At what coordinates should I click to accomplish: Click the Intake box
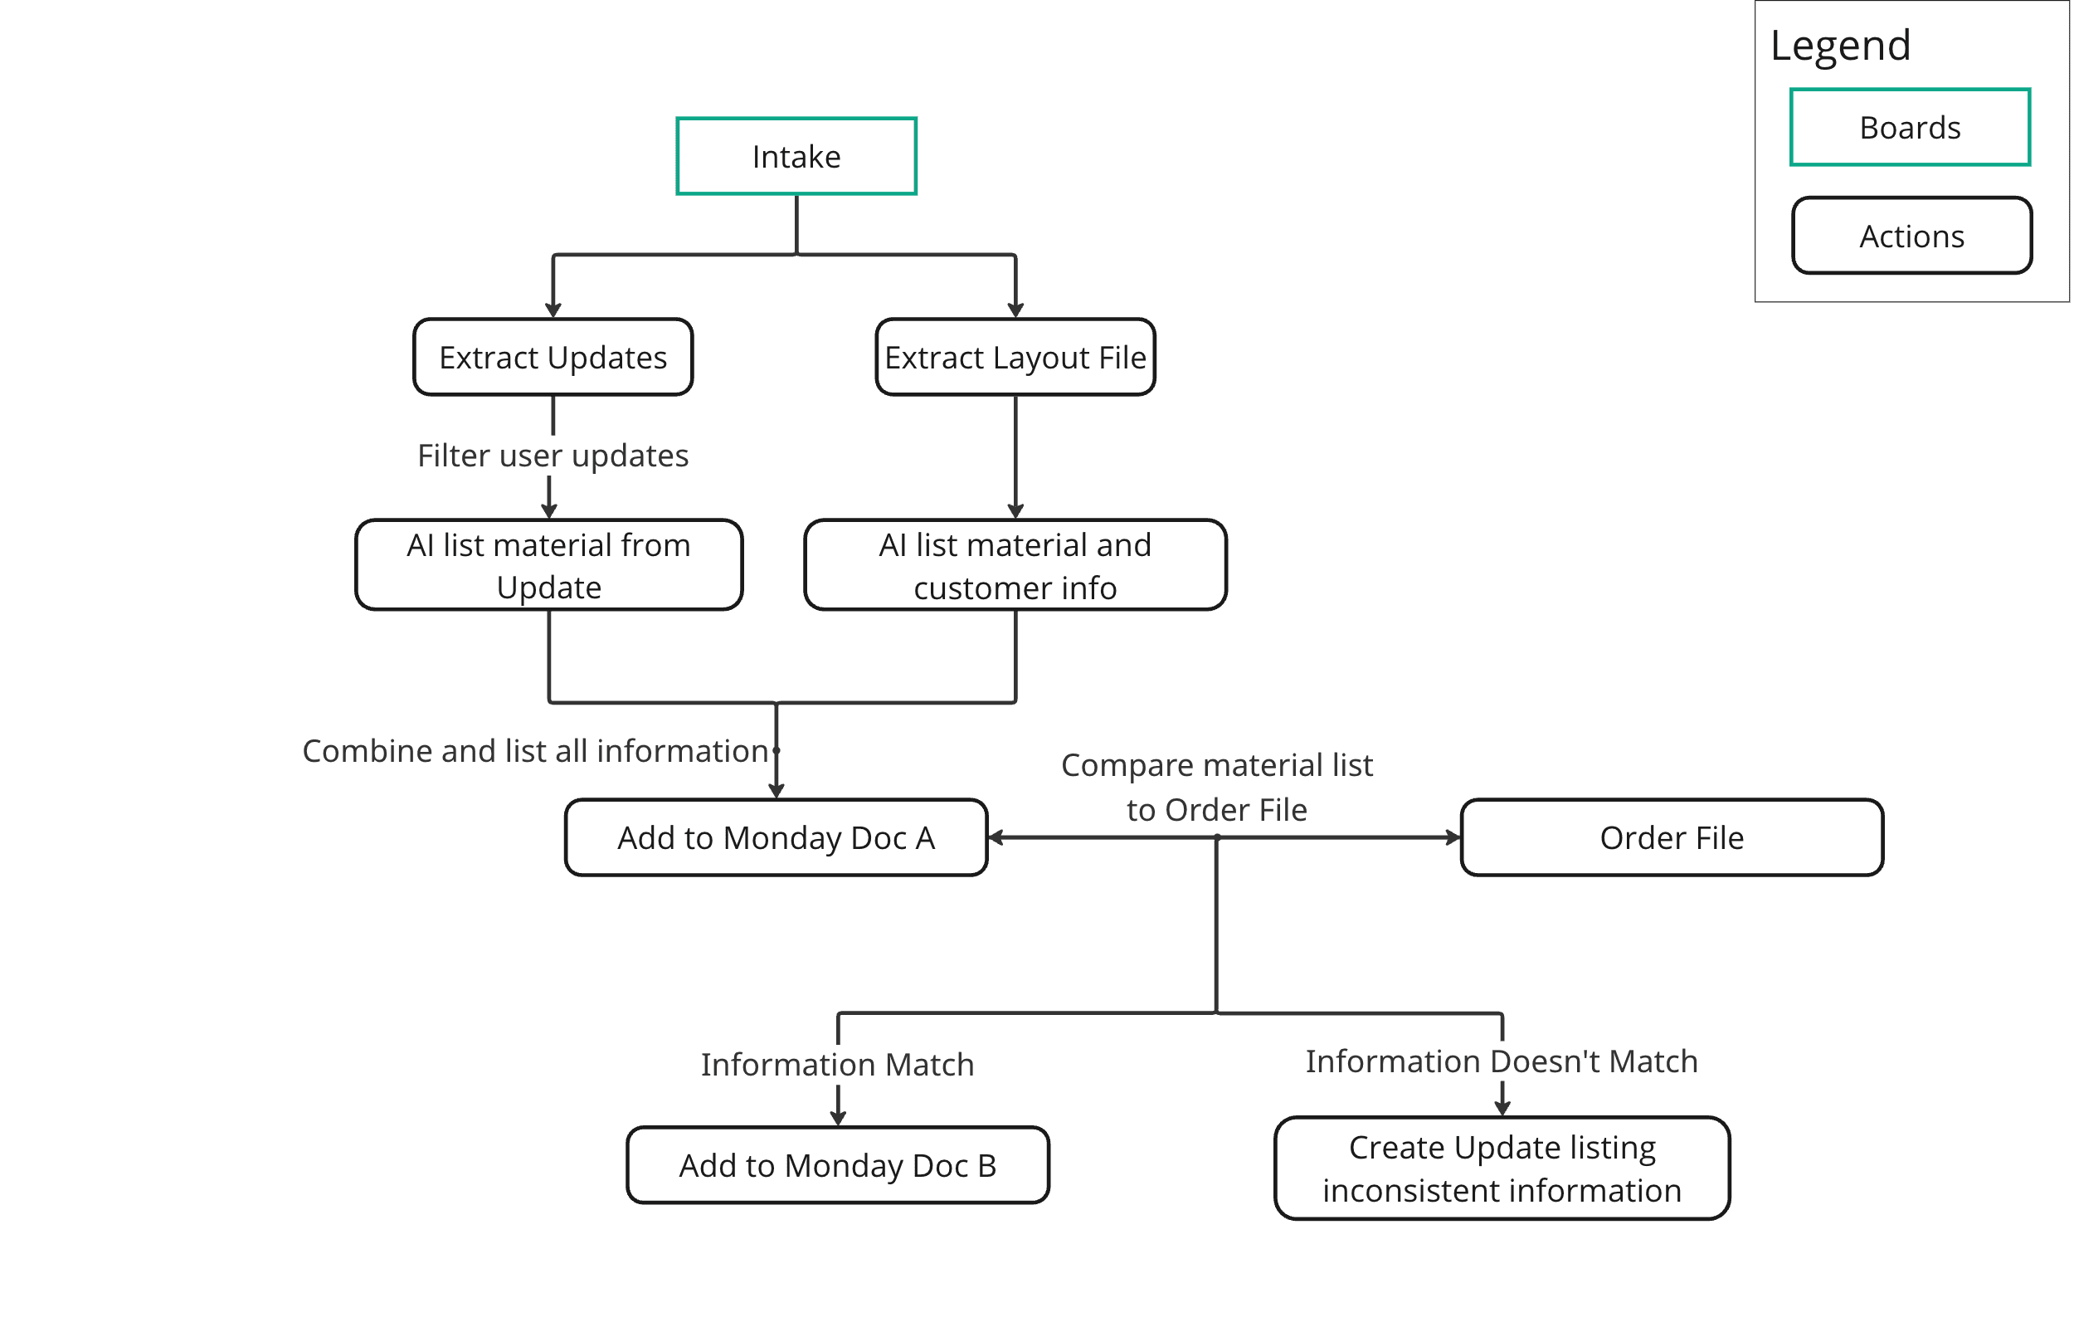[x=796, y=156]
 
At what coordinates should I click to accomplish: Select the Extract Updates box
[x=553, y=357]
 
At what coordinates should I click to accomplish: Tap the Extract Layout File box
[x=1015, y=357]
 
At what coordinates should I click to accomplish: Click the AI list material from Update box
[x=548, y=564]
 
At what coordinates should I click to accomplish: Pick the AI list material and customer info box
[x=1015, y=564]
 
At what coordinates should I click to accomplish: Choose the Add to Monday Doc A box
[x=776, y=837]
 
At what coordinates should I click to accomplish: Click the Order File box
[x=1672, y=837]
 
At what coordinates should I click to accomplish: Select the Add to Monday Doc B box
[x=838, y=1165]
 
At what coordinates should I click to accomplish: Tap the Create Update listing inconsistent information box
[x=1502, y=1168]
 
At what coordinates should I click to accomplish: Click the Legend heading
[x=1841, y=45]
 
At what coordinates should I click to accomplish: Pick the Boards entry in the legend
[x=1911, y=127]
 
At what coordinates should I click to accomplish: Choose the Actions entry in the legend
[x=1912, y=235]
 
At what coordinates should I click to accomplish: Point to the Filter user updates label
[x=553, y=455]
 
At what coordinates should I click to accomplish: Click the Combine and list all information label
[x=536, y=750]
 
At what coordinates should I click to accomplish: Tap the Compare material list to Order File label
[x=1216, y=787]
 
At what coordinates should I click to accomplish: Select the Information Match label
[x=837, y=1064]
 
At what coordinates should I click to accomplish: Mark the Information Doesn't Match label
[x=1502, y=1061]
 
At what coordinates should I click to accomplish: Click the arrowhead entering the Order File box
[x=1453, y=837]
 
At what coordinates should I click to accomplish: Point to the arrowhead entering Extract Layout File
[x=1015, y=310]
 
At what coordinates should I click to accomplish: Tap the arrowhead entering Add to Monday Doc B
[x=838, y=1119]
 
